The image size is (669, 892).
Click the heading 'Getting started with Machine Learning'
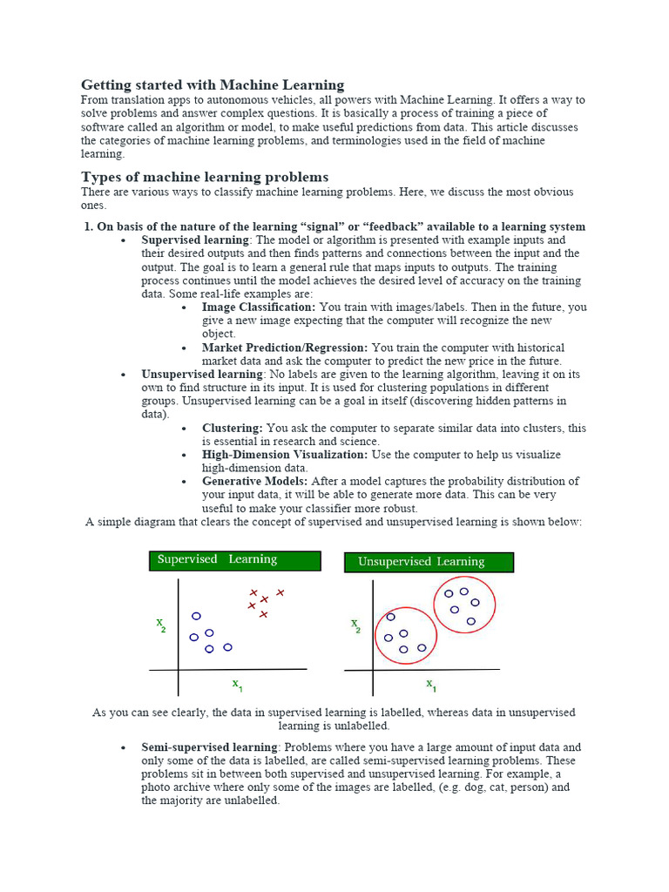pos(213,84)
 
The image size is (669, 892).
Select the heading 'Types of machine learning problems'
pos(205,177)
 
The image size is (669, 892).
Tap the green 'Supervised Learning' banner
pos(234,560)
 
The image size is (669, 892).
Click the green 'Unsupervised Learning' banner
pos(429,562)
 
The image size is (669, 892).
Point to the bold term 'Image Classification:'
pos(259,307)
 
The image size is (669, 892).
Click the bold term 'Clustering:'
pos(232,428)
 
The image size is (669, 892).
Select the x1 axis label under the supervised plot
pos(237,685)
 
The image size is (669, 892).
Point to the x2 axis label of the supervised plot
pos(161,625)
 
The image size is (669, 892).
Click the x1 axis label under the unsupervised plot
pos(431,686)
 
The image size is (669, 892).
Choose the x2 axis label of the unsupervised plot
pos(355,625)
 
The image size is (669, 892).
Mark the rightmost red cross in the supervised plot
pos(280,592)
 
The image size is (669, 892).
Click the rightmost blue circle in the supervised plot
pos(227,647)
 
